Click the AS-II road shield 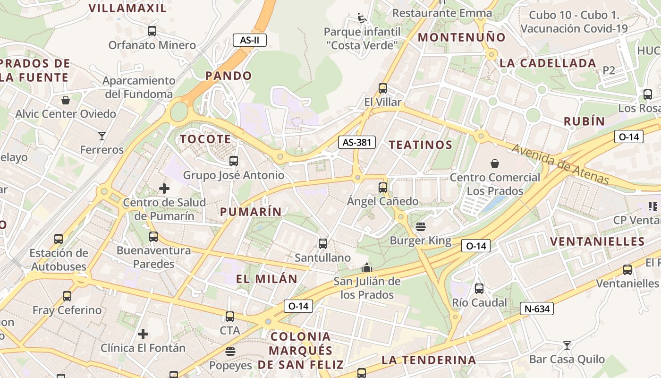click(250, 40)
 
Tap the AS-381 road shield click(356, 142)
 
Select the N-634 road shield click(536, 309)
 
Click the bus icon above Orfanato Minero click(152, 31)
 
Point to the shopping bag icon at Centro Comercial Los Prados click(494, 163)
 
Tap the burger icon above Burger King click(420, 227)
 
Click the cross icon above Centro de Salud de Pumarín click(164, 189)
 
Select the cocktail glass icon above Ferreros click(102, 136)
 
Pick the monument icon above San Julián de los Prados click(367, 268)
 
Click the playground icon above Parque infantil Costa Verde click(362, 18)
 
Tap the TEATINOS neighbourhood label click(420, 145)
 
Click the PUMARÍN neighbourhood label click(251, 212)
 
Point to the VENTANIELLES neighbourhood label click(597, 241)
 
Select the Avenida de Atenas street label click(560, 164)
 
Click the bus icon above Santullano click(322, 244)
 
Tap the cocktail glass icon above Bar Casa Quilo click(567, 345)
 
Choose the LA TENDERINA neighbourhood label click(428, 360)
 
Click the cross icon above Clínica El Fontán click(143, 334)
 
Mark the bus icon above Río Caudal click(479, 288)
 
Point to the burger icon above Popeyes click(230, 352)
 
